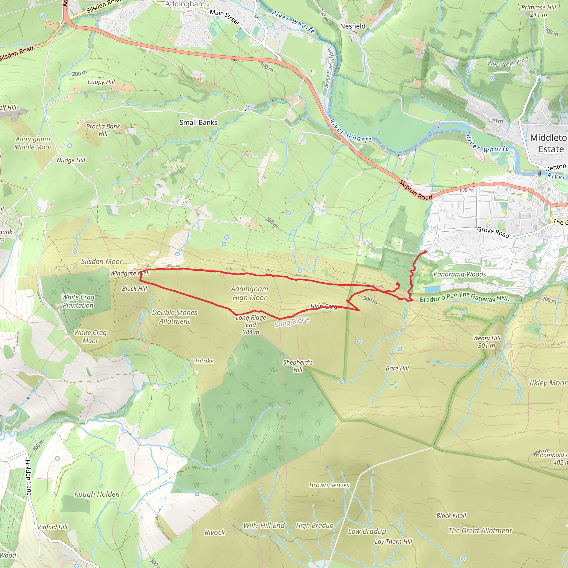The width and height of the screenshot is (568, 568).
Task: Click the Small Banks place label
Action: [x=199, y=122]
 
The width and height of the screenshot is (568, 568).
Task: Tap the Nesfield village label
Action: [x=353, y=26]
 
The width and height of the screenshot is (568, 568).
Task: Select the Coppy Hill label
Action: [x=101, y=82]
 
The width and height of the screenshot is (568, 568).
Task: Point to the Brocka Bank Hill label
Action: [x=103, y=130]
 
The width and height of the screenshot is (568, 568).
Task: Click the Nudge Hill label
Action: [x=71, y=160]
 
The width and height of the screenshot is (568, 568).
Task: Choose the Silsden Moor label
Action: [x=102, y=261]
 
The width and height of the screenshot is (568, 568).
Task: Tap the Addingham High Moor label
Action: [x=250, y=293]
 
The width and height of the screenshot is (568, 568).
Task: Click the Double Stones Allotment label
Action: [x=175, y=317]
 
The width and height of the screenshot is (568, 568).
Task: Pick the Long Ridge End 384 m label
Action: [x=251, y=325]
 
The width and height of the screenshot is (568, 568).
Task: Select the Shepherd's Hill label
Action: [x=298, y=366]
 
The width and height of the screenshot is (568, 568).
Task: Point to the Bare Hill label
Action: [x=397, y=368]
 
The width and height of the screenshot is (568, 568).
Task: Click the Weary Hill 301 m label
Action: [x=486, y=342]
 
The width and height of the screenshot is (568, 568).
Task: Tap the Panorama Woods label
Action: [x=460, y=274]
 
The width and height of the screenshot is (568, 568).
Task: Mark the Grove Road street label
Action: [x=493, y=232]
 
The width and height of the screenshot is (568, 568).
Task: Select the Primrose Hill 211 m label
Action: [x=539, y=11]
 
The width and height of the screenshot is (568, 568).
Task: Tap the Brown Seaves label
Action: [x=329, y=485]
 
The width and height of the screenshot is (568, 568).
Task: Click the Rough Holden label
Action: [x=97, y=494]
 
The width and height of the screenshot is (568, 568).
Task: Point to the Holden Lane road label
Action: [x=28, y=478]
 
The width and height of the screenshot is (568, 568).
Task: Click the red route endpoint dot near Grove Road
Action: [x=425, y=252]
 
